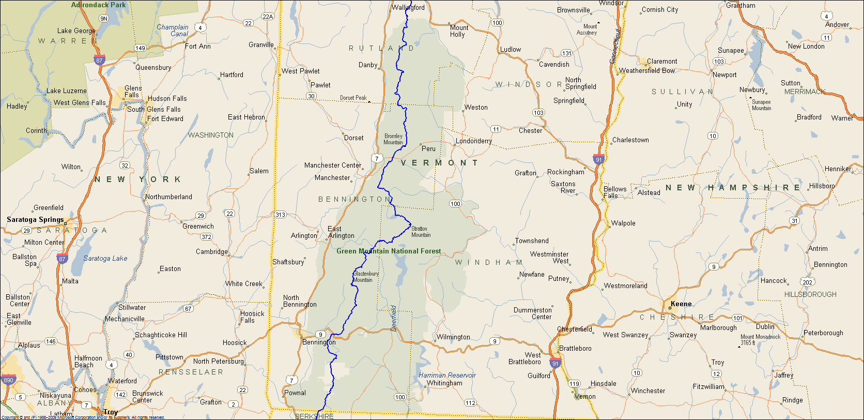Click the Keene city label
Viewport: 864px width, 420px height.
tap(681, 304)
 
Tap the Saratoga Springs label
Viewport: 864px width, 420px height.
tap(35, 219)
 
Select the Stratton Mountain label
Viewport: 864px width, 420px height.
tap(421, 232)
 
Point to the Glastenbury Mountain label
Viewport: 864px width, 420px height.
tap(366, 277)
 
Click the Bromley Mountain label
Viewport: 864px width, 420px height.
tap(393, 139)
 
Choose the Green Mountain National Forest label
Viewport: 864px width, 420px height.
tap(389, 251)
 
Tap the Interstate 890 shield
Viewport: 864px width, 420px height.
tap(8, 380)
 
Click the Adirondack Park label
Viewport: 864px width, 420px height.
tap(98, 5)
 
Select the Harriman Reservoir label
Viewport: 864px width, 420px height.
tap(447, 375)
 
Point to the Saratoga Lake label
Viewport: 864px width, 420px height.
tap(105, 258)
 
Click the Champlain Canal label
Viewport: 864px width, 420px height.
tap(173, 31)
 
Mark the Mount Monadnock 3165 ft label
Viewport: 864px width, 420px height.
tap(760, 339)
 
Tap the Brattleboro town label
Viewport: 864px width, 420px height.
tap(575, 348)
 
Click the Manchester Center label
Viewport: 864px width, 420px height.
tap(332, 165)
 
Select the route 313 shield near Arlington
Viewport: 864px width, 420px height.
tap(280, 215)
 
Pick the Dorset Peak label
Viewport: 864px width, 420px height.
tap(353, 98)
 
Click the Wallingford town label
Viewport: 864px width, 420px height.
tap(408, 7)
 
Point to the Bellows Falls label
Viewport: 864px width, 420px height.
tap(614, 192)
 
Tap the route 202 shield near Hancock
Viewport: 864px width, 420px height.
tap(807, 282)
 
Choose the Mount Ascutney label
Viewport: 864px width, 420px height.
tap(590, 29)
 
